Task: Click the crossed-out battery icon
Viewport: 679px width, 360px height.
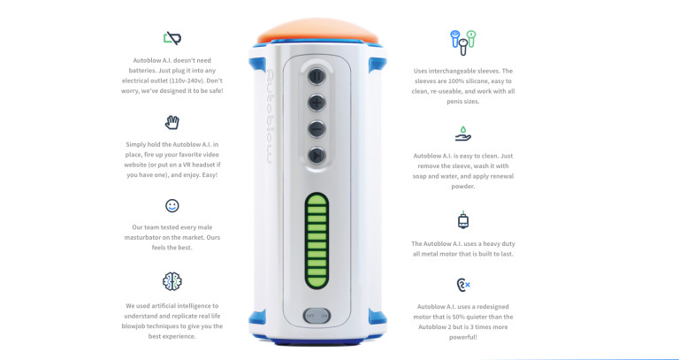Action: point(172,38)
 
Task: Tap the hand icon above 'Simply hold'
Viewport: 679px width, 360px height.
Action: point(172,122)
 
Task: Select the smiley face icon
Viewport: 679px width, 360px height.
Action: point(172,205)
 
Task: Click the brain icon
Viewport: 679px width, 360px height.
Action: point(172,281)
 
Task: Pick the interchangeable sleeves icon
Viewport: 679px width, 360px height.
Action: point(463,42)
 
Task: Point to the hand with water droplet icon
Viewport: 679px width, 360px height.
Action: point(463,134)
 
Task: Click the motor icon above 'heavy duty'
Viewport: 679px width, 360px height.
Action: point(463,220)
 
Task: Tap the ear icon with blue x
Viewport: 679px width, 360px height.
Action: point(463,285)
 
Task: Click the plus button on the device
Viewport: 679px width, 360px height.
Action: point(317,103)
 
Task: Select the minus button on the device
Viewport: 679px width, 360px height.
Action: point(317,129)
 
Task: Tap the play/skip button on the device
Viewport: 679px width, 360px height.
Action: point(317,155)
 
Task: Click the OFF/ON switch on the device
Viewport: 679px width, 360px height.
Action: point(317,316)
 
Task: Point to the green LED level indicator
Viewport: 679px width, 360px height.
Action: point(317,241)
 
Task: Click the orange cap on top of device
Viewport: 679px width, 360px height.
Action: point(318,30)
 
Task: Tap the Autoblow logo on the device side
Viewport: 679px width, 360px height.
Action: point(269,116)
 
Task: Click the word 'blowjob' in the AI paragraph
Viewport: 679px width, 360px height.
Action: point(135,326)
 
